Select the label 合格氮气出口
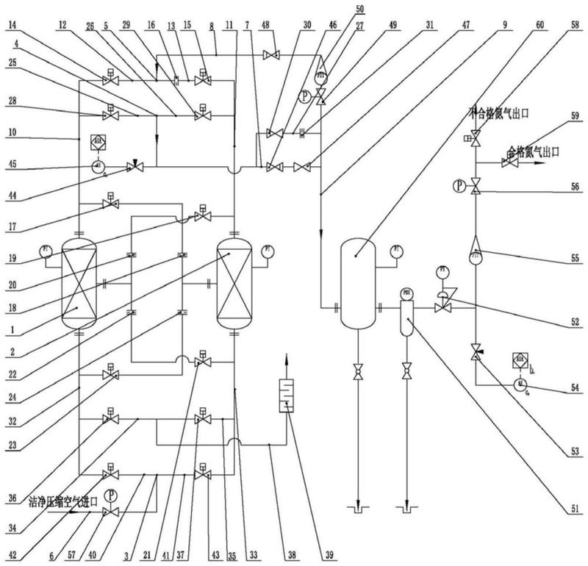pos(534,152)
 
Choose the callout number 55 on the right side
pos(567,259)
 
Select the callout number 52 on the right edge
pos(567,322)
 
